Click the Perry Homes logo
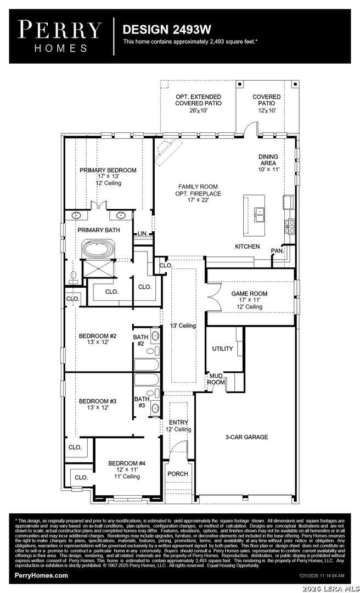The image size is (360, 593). [x=60, y=36]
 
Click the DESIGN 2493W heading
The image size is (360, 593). [x=167, y=30]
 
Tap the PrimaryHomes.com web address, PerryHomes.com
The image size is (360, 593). [x=41, y=575]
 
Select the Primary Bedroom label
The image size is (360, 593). [x=108, y=170]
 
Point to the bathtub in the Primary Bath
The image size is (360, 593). [x=98, y=249]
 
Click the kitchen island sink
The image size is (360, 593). [x=260, y=215]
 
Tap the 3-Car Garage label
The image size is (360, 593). [x=246, y=437]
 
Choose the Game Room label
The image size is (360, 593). [x=249, y=293]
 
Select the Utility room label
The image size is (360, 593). [x=222, y=349]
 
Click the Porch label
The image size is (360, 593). [x=178, y=473]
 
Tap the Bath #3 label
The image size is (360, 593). [x=142, y=402]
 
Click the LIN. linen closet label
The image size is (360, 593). [x=143, y=234]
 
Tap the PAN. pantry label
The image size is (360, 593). [x=277, y=251]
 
